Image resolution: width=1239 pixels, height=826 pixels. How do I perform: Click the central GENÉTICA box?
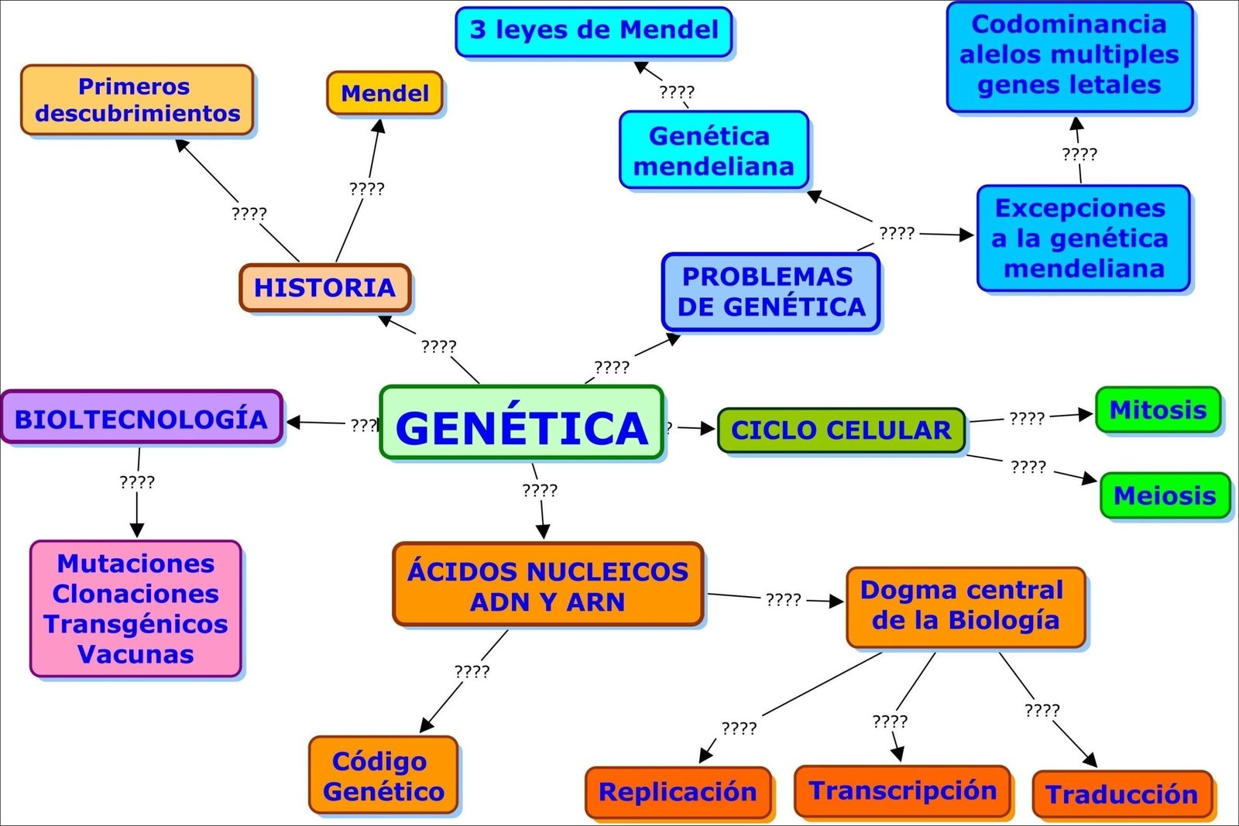click(521, 423)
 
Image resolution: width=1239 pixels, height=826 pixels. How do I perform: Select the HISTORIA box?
click(324, 287)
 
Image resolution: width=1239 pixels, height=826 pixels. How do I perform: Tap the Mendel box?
click(384, 94)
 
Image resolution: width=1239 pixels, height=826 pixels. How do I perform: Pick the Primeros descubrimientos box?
click(137, 100)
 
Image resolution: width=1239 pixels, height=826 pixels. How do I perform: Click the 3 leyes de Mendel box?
click(594, 32)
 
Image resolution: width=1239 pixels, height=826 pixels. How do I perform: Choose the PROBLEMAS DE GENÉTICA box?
click(771, 292)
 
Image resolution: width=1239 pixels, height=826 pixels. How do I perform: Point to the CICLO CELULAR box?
click(841, 430)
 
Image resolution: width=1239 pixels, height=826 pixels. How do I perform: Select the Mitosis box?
click(1158, 410)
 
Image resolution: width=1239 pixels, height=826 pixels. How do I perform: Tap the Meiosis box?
click(1165, 495)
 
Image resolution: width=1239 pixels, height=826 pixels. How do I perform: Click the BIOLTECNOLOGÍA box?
click(141, 419)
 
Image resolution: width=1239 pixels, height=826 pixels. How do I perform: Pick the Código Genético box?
click(383, 776)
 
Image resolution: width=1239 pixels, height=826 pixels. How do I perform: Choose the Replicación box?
click(678, 792)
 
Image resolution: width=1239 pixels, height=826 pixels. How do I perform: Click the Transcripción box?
click(902, 790)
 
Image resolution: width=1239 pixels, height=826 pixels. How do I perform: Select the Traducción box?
click(1121, 794)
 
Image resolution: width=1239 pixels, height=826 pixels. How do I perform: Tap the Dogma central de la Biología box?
click(965, 605)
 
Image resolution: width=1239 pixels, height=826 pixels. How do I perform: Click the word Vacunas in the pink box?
click(136, 654)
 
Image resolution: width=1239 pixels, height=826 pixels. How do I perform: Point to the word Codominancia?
click(1069, 24)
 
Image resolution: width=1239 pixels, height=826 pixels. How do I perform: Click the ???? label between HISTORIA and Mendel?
click(366, 188)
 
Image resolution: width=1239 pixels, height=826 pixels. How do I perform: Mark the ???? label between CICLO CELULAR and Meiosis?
click(1028, 467)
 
